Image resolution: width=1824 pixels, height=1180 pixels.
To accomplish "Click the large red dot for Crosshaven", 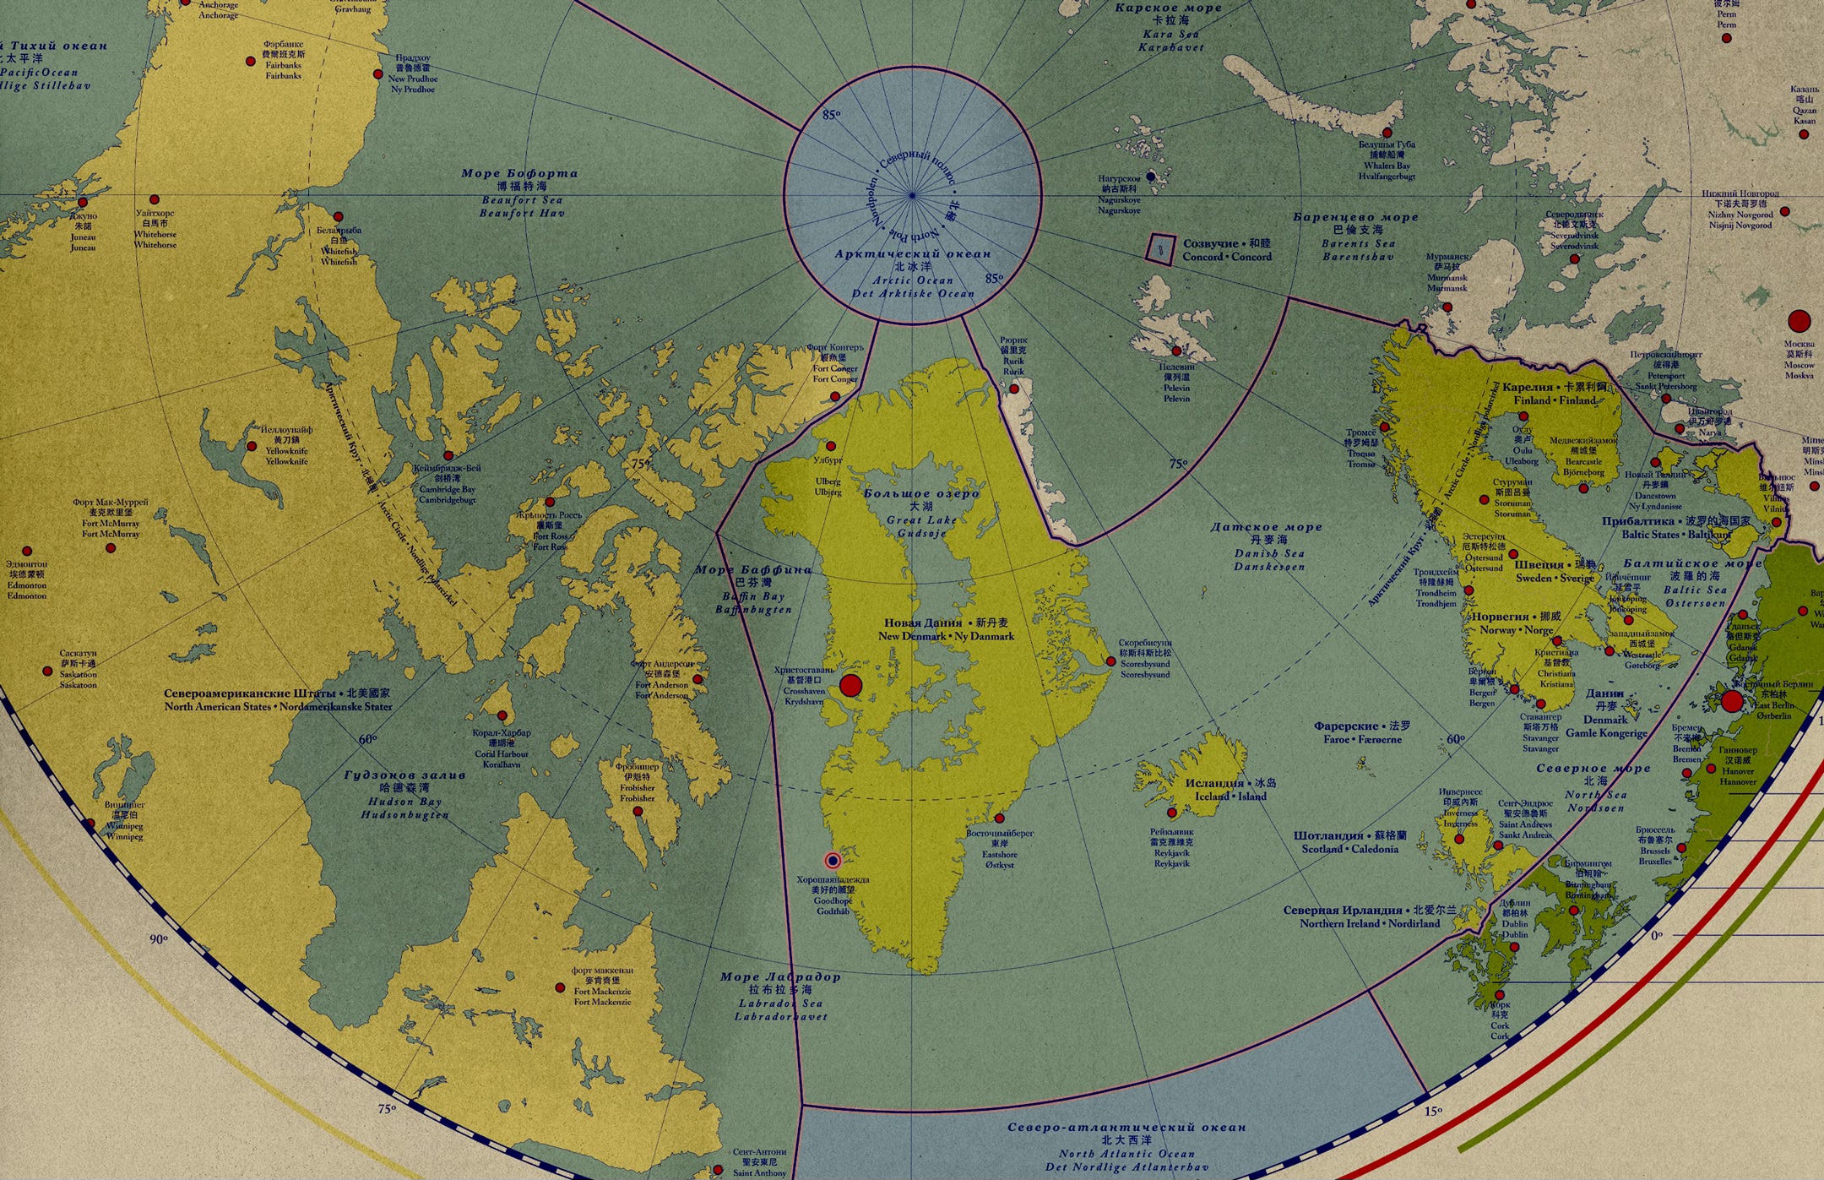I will click(x=850, y=685).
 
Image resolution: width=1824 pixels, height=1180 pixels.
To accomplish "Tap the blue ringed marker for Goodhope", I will click(x=833, y=861).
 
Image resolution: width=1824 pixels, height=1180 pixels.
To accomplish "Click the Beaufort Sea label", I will click(x=521, y=200).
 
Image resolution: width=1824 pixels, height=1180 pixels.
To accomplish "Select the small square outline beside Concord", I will click(x=1160, y=249).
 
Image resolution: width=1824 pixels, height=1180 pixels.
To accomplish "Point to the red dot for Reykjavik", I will click(x=1172, y=813).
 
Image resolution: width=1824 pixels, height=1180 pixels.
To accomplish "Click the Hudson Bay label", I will click(x=404, y=802).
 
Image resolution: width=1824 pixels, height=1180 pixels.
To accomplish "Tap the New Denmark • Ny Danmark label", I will click(x=946, y=636).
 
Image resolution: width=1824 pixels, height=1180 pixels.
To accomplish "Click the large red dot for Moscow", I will click(x=1799, y=321).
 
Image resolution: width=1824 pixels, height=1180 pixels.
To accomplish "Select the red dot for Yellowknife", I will click(x=252, y=446).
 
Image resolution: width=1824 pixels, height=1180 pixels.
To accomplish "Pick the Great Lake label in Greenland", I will click(x=921, y=520).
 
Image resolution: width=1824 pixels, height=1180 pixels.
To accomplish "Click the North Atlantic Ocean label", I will click(x=1126, y=1153).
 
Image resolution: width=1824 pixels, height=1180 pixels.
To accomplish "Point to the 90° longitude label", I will click(x=159, y=938).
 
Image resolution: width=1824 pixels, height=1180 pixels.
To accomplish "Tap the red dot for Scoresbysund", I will click(x=1111, y=661).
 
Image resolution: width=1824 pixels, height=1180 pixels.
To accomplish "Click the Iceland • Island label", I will click(x=1230, y=796).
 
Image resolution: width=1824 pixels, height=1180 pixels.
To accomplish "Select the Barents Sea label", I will click(x=1357, y=244).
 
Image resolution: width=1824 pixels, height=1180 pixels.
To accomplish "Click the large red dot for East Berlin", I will click(x=1732, y=701).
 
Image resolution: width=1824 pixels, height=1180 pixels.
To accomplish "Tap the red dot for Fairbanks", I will click(x=251, y=61).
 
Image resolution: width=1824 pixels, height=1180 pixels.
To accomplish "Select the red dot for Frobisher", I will click(x=638, y=811).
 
